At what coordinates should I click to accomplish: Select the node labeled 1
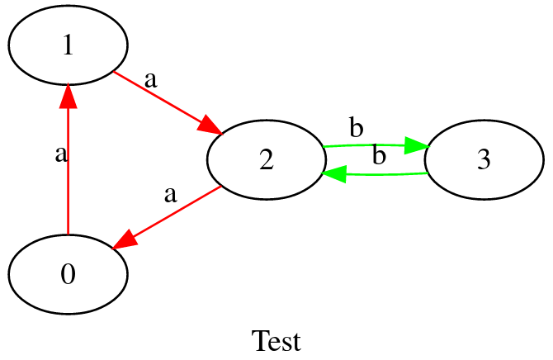tap(68, 46)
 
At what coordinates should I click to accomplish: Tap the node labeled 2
tap(265, 160)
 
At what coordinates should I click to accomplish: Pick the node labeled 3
tap(484, 160)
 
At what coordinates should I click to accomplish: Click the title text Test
tap(276, 340)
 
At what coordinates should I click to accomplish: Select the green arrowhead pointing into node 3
tap(416, 145)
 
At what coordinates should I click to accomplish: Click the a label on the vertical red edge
tap(59, 154)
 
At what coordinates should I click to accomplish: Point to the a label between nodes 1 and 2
tap(150, 79)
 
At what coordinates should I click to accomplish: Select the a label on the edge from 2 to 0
tap(170, 195)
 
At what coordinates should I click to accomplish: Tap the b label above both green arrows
tap(356, 128)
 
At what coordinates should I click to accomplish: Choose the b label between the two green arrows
tap(379, 155)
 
